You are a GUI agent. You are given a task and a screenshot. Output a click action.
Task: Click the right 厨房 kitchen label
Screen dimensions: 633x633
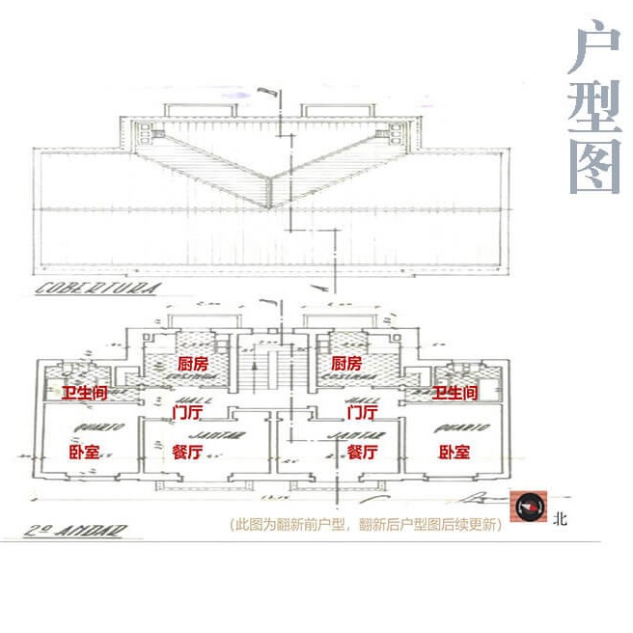click(x=345, y=364)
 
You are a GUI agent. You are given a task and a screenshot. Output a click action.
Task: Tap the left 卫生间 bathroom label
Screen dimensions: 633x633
click(x=85, y=393)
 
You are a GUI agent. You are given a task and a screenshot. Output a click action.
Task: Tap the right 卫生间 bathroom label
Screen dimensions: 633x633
click(x=455, y=393)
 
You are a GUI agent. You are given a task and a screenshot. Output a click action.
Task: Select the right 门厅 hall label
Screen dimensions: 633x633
click(x=361, y=413)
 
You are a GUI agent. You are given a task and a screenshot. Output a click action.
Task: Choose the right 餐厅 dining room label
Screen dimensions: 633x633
click(x=362, y=452)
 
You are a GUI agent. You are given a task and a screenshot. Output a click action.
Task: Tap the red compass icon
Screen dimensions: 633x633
click(x=530, y=508)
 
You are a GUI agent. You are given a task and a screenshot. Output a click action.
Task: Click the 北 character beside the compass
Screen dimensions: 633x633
click(x=561, y=518)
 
